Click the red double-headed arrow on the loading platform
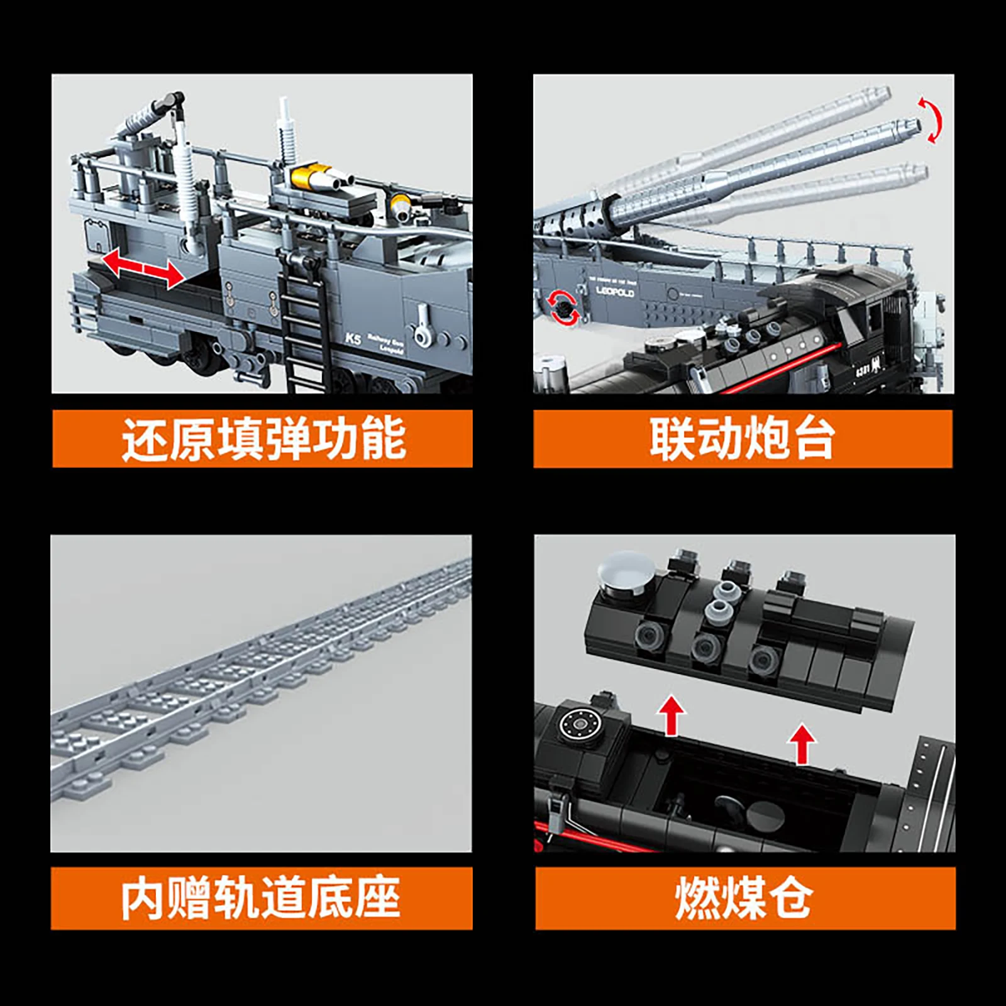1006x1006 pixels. point(143,268)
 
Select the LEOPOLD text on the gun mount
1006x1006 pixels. point(615,292)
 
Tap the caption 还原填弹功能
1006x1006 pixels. point(262,439)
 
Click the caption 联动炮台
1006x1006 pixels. point(743,439)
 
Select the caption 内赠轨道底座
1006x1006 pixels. point(261,898)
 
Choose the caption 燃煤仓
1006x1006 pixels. point(744,898)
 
